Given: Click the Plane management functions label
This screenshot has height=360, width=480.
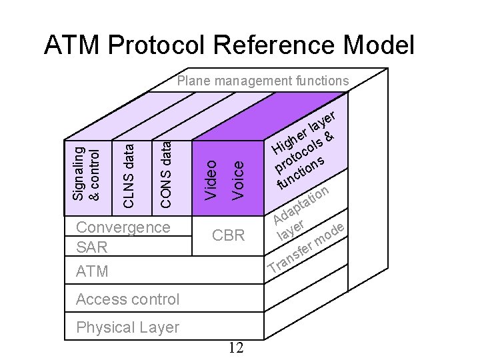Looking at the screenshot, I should pos(263,81).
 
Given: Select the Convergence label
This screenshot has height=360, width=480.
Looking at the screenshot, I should pos(123,227).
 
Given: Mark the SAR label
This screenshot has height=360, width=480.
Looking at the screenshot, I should pos(92,247).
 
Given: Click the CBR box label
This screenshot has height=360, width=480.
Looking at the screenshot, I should pos(228,235).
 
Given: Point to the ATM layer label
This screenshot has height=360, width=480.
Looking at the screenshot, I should pos(92,272).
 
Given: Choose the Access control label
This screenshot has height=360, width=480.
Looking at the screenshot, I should pos(127,299).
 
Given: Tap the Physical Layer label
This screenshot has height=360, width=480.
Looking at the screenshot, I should pos(127,327).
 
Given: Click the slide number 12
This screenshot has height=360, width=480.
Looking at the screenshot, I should pos(235,347).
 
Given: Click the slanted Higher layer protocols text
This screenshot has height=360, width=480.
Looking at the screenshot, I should pos(305,149).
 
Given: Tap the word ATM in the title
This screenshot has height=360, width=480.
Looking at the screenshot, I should pos(70,45).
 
